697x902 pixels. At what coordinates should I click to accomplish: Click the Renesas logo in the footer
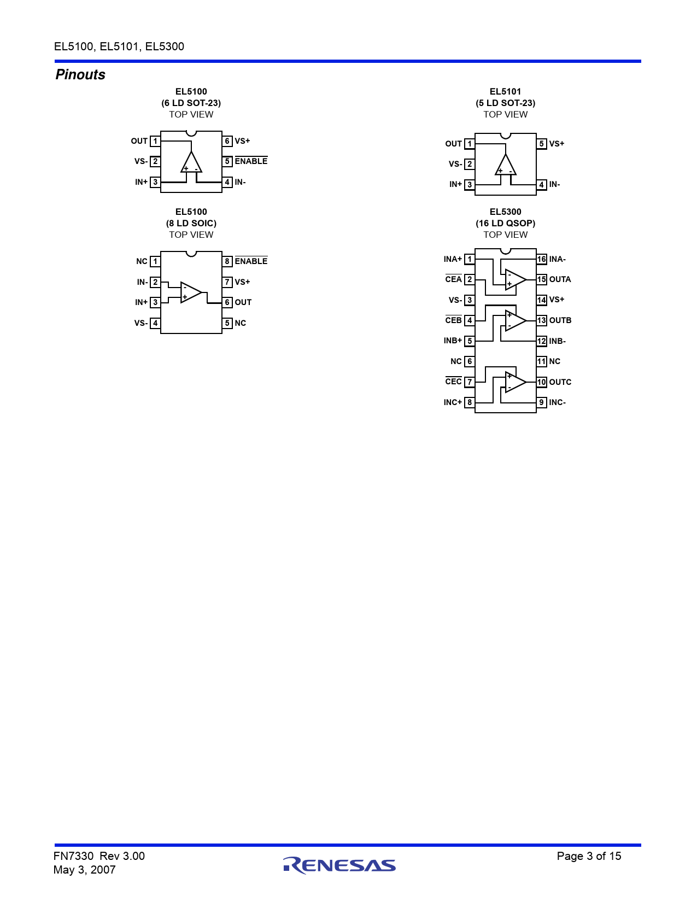[x=339, y=865]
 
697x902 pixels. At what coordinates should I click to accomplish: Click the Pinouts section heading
[x=80, y=75]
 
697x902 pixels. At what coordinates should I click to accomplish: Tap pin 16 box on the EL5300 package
[x=541, y=259]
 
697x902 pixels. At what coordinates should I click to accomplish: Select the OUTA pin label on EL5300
[x=560, y=279]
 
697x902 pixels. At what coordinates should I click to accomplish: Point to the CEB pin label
[x=453, y=320]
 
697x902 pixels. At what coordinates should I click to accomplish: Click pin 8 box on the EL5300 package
[x=470, y=402]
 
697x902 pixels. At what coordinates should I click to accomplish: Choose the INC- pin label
[x=557, y=402]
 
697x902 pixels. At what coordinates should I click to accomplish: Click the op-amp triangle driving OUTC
[x=516, y=382]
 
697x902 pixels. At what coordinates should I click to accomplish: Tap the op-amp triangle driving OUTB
[x=516, y=320]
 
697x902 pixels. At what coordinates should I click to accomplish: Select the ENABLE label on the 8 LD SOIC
[x=251, y=261]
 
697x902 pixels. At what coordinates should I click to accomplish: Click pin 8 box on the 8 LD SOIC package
[x=227, y=261]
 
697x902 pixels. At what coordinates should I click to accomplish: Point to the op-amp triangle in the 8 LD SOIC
[x=191, y=292]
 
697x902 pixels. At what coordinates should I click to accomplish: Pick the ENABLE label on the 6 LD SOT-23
[x=251, y=161]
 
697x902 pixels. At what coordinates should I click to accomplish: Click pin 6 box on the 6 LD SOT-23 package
[x=227, y=141]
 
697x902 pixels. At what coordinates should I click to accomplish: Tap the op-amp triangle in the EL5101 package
[x=506, y=165]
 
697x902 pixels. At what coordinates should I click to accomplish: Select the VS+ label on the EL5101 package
[x=557, y=144]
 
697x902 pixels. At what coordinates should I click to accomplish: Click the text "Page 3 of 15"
[x=589, y=856]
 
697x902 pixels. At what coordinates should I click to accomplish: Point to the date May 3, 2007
[x=84, y=870]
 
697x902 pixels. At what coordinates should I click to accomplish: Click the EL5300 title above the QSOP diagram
[x=505, y=212]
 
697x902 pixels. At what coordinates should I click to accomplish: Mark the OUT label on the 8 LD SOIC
[x=243, y=302]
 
